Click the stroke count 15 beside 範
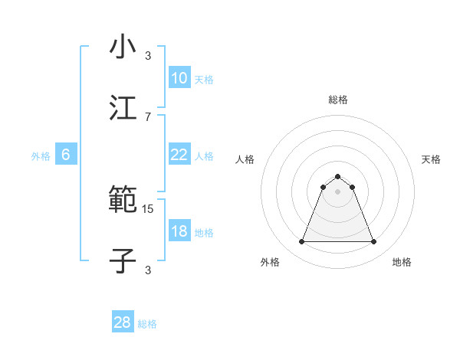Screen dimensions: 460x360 148,208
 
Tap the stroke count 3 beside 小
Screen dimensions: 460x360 148,55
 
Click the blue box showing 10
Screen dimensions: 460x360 179,78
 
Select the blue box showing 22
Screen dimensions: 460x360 179,155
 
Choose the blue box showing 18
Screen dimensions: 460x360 179,231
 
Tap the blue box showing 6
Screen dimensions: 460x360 66,155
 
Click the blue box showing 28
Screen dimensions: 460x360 123,322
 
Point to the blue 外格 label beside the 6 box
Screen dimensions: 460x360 41,155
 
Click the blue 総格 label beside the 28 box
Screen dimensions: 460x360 147,324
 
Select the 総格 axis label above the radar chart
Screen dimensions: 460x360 338,100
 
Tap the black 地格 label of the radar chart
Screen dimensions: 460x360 402,262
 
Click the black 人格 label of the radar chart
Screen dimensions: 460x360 245,159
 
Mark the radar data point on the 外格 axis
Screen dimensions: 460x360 301,242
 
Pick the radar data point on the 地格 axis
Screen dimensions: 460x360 374,242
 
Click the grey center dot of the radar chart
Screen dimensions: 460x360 338,191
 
